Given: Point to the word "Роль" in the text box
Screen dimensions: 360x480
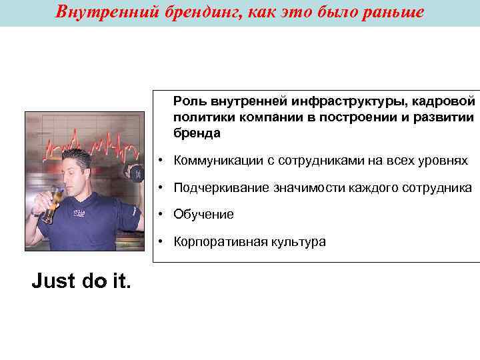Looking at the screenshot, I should point(190,101).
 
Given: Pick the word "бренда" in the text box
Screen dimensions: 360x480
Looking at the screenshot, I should point(197,133).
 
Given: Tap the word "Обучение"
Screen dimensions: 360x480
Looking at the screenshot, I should point(203,215).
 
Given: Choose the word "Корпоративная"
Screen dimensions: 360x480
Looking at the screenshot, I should point(219,241).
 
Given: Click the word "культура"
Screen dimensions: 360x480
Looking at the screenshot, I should point(298,241).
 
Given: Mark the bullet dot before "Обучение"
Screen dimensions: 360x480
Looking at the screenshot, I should point(162,215).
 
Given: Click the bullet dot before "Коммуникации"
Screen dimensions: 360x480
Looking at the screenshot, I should point(162,161).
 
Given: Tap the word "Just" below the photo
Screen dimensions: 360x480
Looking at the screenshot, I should point(52,282).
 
